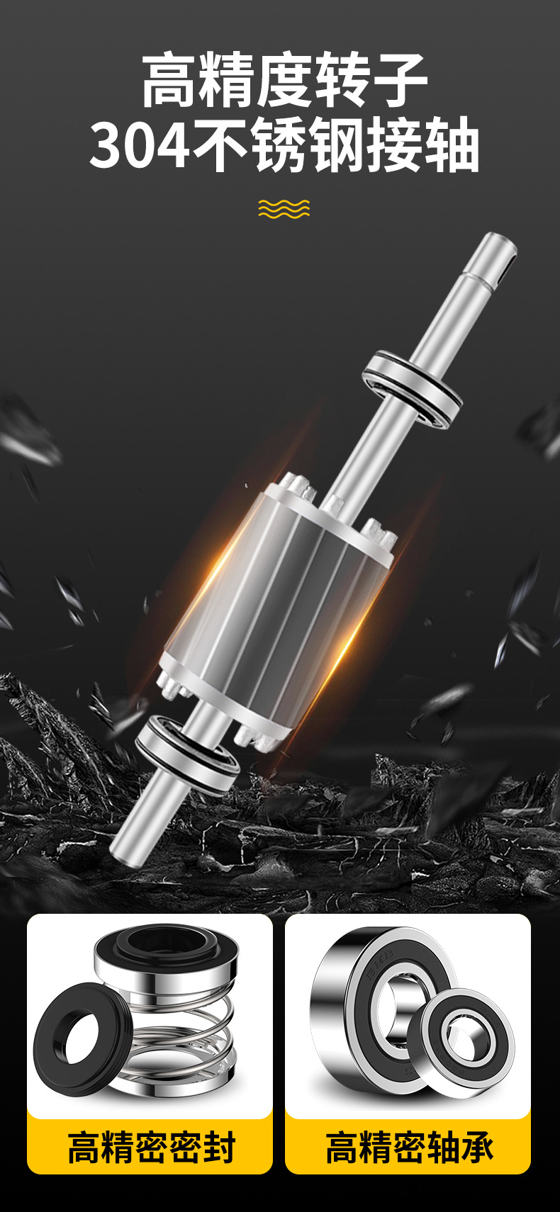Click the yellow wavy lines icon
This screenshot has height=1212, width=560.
(284, 209)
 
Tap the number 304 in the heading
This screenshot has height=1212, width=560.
(139, 146)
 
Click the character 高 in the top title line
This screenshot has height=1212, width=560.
(169, 80)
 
